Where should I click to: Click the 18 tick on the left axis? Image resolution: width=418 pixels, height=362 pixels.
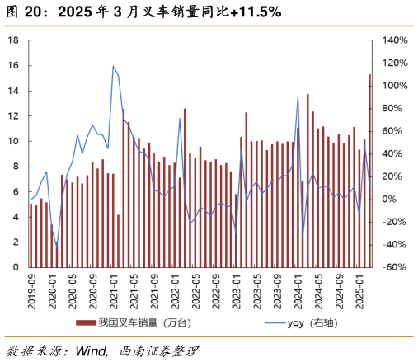tap(13, 40)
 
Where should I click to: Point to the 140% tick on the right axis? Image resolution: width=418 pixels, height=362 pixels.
tap(393, 40)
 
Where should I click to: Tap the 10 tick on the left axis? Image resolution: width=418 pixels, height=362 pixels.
tap(13, 141)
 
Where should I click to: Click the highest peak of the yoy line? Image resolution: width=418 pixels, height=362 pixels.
tap(113, 66)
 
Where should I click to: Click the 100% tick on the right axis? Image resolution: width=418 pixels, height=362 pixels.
tap(393, 86)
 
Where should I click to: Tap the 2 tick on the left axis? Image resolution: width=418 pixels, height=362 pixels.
tap(16, 242)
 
